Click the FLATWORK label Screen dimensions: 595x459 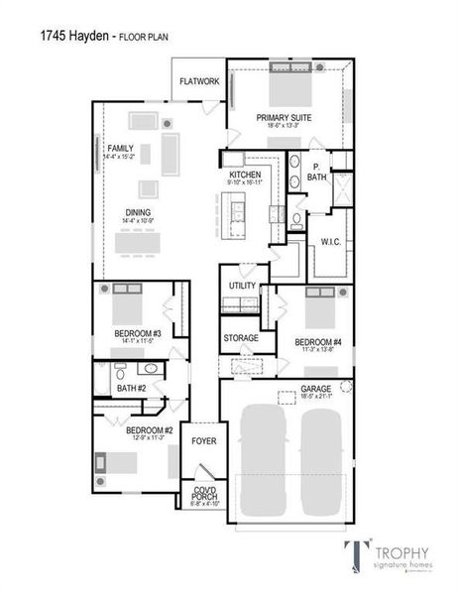point(199,81)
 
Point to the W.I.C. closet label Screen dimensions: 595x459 point(330,241)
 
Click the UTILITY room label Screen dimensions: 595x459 point(242,286)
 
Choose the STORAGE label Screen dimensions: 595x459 point(240,337)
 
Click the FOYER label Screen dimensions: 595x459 point(203,440)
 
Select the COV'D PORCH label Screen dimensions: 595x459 point(204,492)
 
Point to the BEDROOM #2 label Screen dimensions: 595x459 point(150,429)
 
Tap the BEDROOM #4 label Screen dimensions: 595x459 point(318,342)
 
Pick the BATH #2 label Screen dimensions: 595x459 point(130,388)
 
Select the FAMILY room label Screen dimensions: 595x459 point(120,148)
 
